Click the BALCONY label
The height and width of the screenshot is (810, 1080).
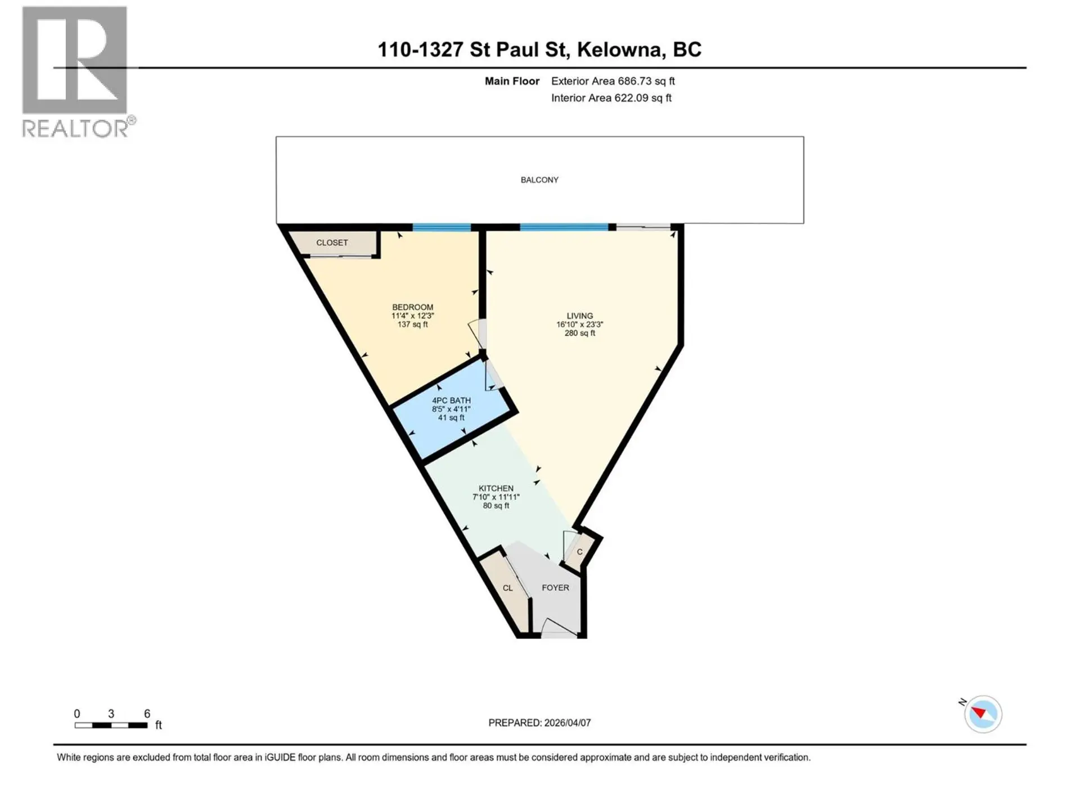[x=539, y=180]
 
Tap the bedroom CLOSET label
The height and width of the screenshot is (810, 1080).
[x=332, y=242]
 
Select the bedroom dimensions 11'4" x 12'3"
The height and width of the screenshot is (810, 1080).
[x=412, y=316]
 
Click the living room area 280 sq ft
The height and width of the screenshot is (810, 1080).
[x=579, y=333]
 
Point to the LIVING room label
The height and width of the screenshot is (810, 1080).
[x=579, y=316]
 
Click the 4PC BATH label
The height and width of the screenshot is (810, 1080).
[x=451, y=400]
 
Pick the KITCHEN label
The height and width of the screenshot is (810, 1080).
[x=496, y=488]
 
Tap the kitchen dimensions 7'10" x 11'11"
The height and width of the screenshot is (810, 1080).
[x=496, y=497]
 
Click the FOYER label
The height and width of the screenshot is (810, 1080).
[x=555, y=587]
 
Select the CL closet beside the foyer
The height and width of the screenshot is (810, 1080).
[x=507, y=588]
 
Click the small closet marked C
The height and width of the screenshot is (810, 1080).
[x=579, y=552]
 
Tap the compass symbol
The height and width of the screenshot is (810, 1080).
[x=983, y=714]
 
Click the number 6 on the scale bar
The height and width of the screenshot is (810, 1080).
[x=147, y=714]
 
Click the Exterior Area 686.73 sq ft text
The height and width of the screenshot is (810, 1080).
[x=613, y=81]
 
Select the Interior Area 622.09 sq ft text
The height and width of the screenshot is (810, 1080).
[x=611, y=98]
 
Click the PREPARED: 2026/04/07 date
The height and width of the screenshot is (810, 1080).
[x=539, y=723]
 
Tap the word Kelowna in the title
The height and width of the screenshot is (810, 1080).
[x=619, y=49]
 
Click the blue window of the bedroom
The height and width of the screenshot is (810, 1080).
[x=442, y=227]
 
